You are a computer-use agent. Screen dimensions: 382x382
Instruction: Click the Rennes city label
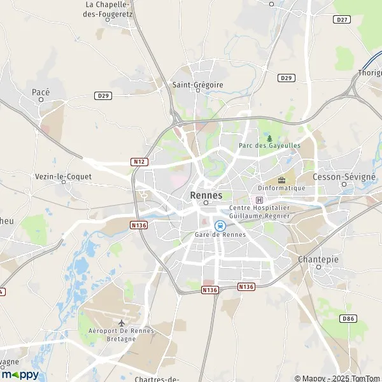coord(206,195)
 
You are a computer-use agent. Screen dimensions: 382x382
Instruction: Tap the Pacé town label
coord(41,92)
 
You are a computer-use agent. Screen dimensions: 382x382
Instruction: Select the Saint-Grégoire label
coord(198,83)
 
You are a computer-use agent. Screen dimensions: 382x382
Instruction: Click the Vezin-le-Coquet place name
coord(64,176)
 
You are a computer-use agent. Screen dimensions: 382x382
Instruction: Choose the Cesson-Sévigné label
coord(344,176)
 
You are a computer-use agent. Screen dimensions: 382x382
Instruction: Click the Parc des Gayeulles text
coord(269,146)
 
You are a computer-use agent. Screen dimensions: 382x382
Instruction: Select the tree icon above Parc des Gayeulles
coord(269,138)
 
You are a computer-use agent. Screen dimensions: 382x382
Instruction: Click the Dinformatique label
coord(281,188)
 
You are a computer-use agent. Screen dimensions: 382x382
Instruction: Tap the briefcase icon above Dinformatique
coord(281,180)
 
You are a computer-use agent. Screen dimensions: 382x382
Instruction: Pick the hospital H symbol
coord(258,200)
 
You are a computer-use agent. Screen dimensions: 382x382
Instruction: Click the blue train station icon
coord(220,225)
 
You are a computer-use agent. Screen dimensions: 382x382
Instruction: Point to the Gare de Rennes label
coord(220,235)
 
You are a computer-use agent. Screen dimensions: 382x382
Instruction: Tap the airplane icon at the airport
coord(122,322)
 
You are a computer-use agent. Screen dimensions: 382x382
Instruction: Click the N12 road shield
coord(139,162)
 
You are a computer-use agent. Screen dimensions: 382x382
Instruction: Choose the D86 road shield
coord(348,318)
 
